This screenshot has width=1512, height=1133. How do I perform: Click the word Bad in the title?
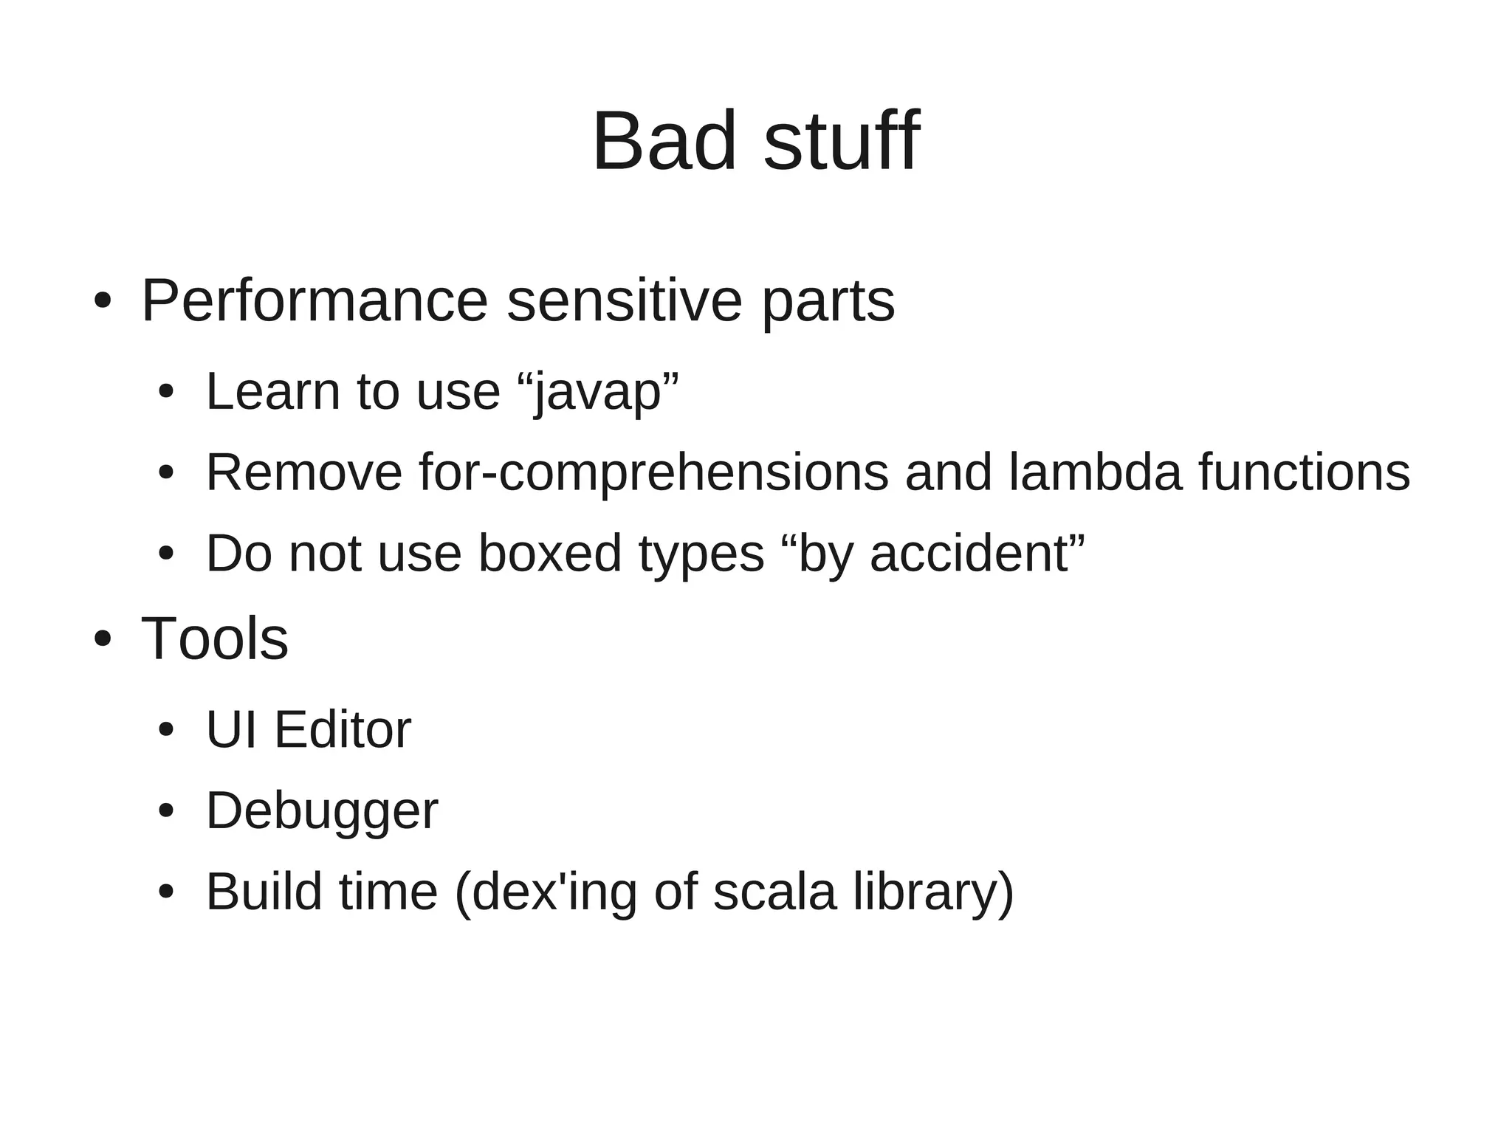[x=664, y=142]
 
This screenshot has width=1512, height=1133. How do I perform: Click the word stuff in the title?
[x=842, y=142]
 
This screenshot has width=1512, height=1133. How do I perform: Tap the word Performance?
[x=315, y=301]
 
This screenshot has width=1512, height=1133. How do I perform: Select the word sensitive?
[x=624, y=301]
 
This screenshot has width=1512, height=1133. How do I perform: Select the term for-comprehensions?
[x=653, y=472]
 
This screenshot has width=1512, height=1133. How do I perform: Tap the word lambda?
[x=1095, y=472]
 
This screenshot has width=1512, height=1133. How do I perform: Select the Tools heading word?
[x=214, y=639]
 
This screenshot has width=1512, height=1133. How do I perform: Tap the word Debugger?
[x=322, y=812]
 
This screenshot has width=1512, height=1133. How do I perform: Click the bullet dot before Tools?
[x=103, y=639]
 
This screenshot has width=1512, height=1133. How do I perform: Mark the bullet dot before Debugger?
[x=165, y=811]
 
